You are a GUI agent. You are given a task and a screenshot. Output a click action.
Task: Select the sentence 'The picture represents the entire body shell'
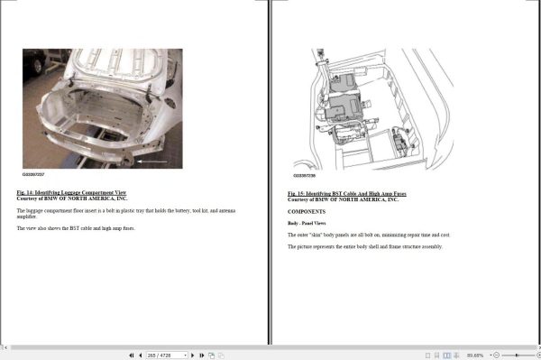[x=365, y=246]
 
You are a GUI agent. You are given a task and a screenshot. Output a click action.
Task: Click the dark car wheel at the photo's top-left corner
[x=36, y=61]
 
